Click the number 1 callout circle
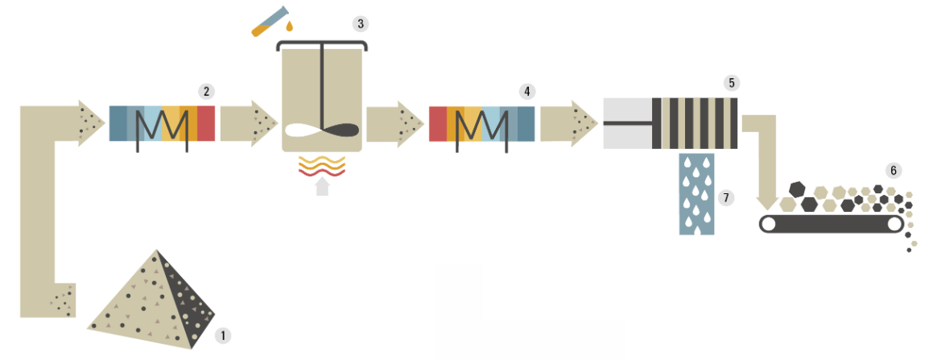(x=223, y=336)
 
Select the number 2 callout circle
(x=206, y=92)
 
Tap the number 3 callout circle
(x=360, y=24)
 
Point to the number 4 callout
(x=526, y=92)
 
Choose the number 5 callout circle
(x=731, y=83)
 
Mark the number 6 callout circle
(x=894, y=171)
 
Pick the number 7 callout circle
(x=726, y=197)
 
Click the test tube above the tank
(x=270, y=21)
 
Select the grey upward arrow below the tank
(x=322, y=186)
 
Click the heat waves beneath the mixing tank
(x=322, y=166)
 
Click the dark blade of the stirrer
(x=341, y=130)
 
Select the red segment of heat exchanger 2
(x=205, y=123)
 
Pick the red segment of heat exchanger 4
(x=438, y=123)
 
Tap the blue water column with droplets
(x=697, y=194)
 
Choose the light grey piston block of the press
(x=627, y=123)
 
